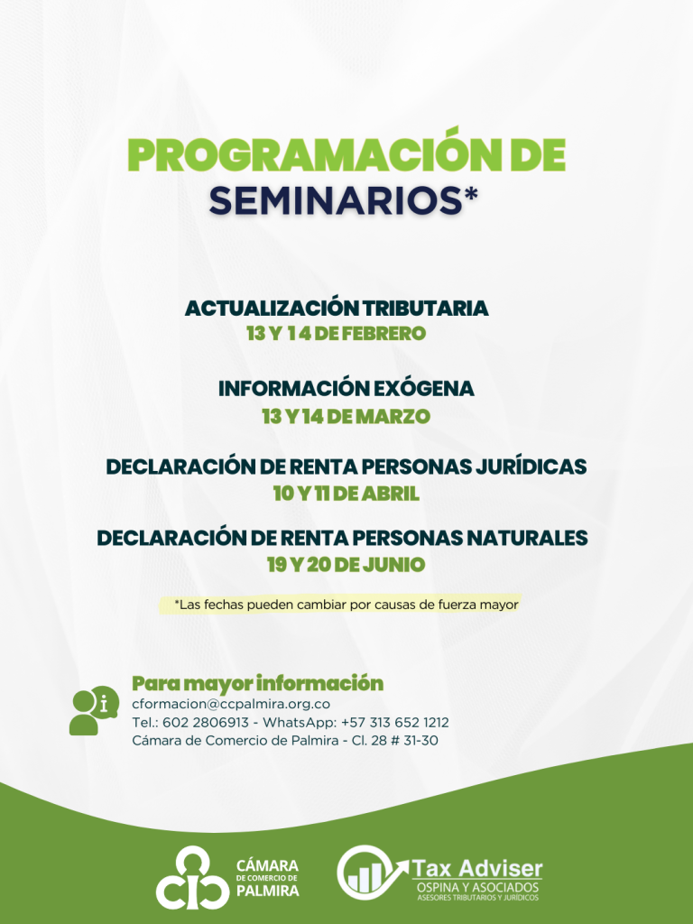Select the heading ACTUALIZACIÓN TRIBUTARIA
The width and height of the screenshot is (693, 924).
(x=337, y=308)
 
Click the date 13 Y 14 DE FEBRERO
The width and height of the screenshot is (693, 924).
(x=336, y=334)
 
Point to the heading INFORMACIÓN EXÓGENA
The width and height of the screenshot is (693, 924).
(x=346, y=388)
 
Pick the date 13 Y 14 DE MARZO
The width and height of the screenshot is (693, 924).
(x=346, y=417)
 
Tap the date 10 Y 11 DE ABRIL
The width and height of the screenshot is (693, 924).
(x=346, y=494)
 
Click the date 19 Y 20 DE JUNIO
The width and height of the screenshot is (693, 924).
(x=346, y=565)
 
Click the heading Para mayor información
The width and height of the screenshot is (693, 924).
(x=257, y=684)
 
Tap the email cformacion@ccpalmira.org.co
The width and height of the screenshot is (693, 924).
(x=231, y=704)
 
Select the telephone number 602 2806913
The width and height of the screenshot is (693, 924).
(x=206, y=723)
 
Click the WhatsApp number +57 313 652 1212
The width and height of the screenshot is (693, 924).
(x=395, y=723)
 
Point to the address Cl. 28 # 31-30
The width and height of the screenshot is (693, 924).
(x=395, y=741)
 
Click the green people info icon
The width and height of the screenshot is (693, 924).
(x=94, y=710)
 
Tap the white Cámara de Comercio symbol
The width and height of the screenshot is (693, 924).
(x=192, y=877)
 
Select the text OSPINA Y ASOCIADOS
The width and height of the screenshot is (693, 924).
(x=477, y=888)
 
